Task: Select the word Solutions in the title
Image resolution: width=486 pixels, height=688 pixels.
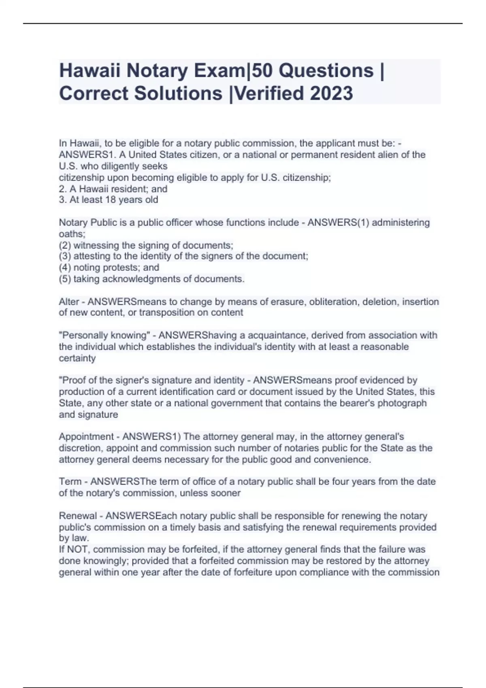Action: click(x=178, y=93)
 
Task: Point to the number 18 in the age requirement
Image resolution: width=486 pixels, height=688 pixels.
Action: click(x=111, y=200)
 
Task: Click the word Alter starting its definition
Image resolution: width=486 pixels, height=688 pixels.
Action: click(x=69, y=302)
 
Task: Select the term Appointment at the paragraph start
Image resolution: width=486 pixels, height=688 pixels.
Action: click(x=86, y=437)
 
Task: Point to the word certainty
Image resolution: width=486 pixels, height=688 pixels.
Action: click(x=77, y=358)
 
